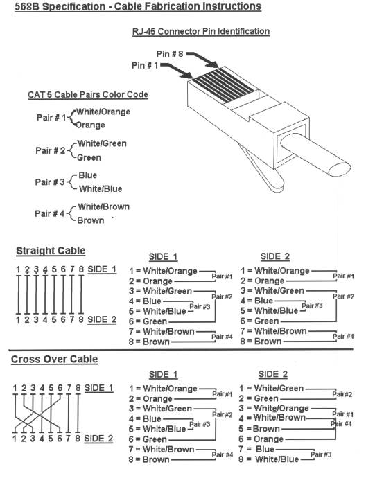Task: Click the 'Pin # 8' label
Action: point(170,54)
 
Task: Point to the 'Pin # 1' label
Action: point(145,65)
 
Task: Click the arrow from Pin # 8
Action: point(202,60)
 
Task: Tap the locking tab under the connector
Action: point(262,170)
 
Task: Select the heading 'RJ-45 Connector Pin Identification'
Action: point(201,31)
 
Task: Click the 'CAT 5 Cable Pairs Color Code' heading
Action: point(88,94)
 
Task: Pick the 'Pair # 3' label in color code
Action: point(50,182)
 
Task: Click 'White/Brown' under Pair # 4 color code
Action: point(104,206)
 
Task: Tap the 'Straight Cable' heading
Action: point(51,251)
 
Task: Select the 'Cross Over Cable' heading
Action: point(54,359)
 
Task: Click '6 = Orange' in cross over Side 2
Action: point(261,439)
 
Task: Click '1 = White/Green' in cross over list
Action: point(271,389)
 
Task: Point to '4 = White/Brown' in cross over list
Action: point(272,418)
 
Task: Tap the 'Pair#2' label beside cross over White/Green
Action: point(342,394)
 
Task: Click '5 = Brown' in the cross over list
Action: point(259,429)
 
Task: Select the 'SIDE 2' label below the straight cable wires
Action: point(102,319)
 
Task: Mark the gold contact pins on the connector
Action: point(224,85)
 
